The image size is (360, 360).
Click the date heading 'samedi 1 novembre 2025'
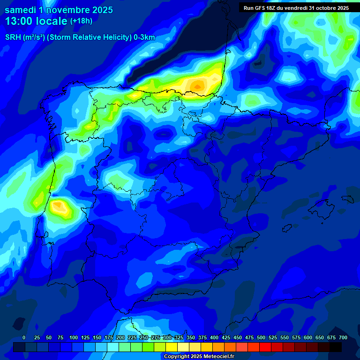(59, 10)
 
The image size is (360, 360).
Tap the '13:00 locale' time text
(36, 22)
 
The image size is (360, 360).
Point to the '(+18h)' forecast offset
(81, 21)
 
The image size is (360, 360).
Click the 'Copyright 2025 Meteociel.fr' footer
(199, 357)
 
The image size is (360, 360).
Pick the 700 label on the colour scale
(343, 337)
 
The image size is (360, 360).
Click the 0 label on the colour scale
(24, 337)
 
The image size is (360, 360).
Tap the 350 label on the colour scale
(191, 337)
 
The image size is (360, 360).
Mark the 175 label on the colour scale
(109, 337)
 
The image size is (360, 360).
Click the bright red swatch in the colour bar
(265, 347)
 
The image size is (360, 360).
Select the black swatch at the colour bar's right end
(336, 347)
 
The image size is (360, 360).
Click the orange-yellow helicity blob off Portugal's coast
(59, 206)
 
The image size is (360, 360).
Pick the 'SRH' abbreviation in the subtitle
(13, 37)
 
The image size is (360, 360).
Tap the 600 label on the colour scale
(308, 337)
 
